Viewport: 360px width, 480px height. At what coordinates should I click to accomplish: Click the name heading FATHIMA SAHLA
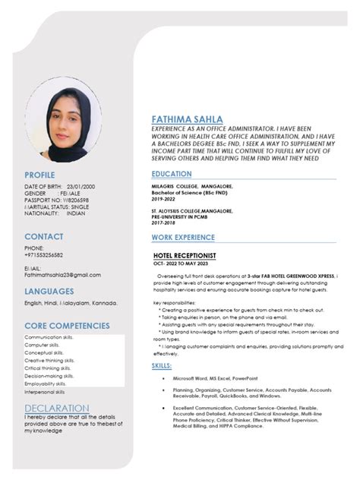[187, 120]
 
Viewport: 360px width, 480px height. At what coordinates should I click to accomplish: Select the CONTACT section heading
[43, 236]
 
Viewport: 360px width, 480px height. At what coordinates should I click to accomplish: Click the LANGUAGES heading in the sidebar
[49, 291]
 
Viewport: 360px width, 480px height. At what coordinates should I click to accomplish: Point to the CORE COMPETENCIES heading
[66, 325]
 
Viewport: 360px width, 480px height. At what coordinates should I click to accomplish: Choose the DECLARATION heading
[55, 408]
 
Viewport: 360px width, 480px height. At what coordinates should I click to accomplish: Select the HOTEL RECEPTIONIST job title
[185, 256]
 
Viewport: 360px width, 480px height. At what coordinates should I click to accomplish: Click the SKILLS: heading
[162, 366]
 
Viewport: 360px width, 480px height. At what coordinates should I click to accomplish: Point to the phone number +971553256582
[43, 255]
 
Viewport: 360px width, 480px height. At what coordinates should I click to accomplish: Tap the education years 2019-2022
[164, 198]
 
